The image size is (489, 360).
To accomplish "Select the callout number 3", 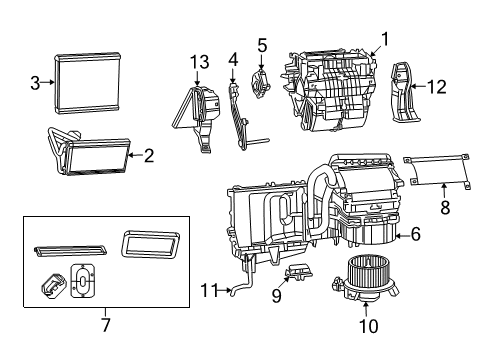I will pos(35,83).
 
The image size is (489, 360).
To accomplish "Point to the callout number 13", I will pos(200,63).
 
